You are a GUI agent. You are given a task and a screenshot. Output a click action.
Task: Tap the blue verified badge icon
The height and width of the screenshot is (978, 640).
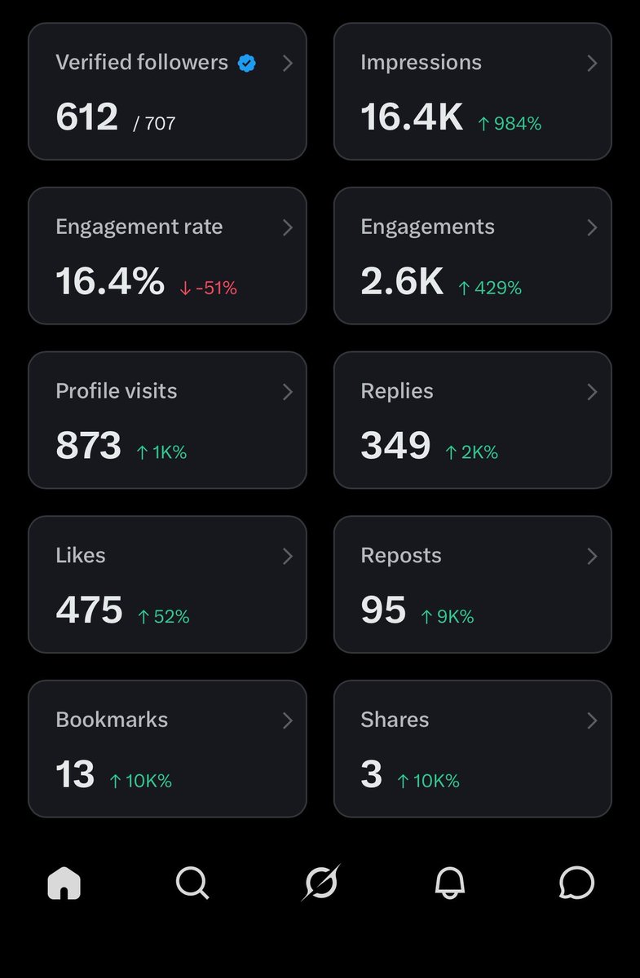[247, 64]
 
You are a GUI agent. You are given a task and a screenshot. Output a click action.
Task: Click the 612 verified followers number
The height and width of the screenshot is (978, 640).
[87, 117]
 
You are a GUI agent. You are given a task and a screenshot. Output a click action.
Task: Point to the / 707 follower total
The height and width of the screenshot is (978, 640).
[154, 124]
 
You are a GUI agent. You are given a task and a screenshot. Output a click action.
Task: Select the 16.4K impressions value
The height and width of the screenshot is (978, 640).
[412, 117]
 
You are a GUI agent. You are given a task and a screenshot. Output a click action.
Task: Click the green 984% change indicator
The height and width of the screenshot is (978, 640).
[510, 124]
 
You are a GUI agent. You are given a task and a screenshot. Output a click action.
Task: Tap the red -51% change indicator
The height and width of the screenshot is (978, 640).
[209, 289]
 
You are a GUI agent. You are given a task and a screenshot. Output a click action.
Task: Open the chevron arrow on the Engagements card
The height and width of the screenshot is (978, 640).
[592, 227]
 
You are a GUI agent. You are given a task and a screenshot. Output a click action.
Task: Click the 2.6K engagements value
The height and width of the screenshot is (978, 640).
[402, 280]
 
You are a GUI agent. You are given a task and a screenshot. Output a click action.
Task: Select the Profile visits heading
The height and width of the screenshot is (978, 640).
[117, 391]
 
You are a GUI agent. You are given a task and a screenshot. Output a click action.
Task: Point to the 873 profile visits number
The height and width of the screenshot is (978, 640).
[88, 445]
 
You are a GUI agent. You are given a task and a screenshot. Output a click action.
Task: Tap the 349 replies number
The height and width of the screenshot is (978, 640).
[395, 445]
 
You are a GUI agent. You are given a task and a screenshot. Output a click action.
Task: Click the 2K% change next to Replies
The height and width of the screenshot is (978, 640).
[471, 452]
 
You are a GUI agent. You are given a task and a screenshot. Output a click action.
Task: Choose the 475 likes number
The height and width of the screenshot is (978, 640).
[89, 610]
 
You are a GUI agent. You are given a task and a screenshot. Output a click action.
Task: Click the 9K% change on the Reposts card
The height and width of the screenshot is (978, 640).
[448, 616]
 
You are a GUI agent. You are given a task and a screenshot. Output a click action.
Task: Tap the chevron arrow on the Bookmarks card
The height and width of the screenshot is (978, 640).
[287, 720]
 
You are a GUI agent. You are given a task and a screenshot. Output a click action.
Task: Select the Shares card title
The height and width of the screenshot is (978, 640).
[395, 720]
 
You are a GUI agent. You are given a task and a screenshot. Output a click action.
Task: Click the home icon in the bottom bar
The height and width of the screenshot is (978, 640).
[64, 883]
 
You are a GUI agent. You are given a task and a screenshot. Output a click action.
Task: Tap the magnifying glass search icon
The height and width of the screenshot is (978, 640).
[192, 883]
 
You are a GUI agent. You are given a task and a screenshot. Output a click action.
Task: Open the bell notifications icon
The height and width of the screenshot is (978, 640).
[449, 883]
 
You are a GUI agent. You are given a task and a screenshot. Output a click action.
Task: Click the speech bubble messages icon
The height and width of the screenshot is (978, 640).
[576, 883]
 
